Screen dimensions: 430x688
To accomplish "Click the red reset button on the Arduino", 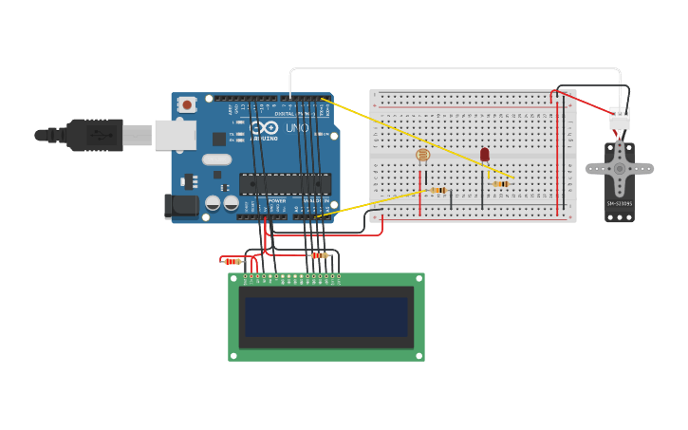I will pos(187,104).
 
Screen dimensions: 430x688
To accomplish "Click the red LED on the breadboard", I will pos(484,154).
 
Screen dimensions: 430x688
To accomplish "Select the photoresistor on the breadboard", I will pos(422,155).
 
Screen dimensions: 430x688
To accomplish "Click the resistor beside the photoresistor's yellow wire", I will pos(437,190).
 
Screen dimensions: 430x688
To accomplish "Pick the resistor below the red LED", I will pos(501,183).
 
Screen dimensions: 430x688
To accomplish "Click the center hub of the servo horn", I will pos(620,169).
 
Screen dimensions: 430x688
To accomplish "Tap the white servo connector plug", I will pos(620,119).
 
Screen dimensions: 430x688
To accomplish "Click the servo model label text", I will pos(619,203).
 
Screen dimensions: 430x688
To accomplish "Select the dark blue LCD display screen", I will pos(325,317).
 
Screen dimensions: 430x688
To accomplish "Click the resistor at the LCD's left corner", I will pos(232,261).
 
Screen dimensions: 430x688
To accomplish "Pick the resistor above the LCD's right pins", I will pos(320,255).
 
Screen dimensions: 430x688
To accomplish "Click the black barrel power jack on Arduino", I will pos(180,206).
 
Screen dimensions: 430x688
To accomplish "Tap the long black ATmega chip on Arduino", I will pos(285,183).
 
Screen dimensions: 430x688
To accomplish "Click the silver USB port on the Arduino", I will pos(175,135).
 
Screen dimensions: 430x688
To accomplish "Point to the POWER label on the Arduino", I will pos(277,200).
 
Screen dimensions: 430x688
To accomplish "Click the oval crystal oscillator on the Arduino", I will pos(216,159).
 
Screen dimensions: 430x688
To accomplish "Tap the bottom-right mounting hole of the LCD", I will pos(418,356).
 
